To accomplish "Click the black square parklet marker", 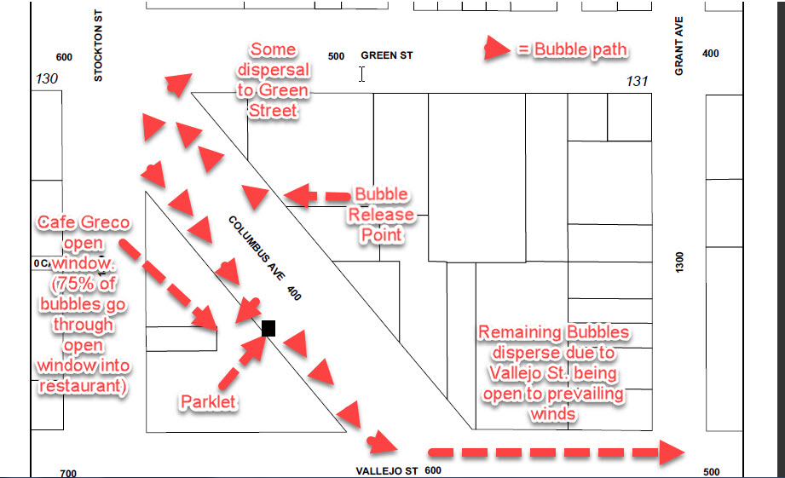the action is pos(268,328).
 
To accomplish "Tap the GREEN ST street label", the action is pos(386,55).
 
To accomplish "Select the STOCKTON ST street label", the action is pos(98,45).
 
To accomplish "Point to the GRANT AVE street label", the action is pos(678,46).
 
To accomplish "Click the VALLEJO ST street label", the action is pos(386,471).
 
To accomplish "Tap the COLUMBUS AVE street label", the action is pos(257,248).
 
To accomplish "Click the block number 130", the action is pos(47,78).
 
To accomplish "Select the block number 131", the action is pos(637,81).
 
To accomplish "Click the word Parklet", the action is pos(208,401).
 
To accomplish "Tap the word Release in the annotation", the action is pos(382,215).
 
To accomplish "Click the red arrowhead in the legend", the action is pos(497,49).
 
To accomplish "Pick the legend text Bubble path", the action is pos(580,49).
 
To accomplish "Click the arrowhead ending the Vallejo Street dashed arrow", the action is pos(671,452).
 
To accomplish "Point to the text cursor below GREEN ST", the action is pos(361,74).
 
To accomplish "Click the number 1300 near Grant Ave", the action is pos(678,262).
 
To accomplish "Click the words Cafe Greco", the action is pos(84,222).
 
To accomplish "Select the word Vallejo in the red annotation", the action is pos(517,373).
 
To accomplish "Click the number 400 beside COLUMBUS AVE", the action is pos(294,293).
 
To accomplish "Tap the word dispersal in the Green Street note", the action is pos(274,70).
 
